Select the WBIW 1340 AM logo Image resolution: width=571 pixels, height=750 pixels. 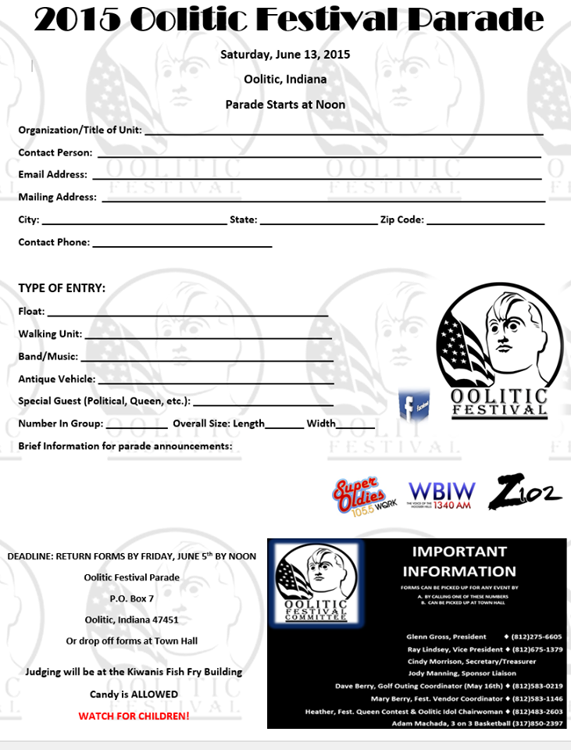pos(441,495)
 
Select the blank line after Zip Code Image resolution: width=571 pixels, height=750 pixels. pos(485,223)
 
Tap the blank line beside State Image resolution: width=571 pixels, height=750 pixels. pos(318,223)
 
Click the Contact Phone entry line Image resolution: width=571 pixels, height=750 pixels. pos(182,246)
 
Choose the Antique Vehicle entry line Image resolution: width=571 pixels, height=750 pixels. pos(216,383)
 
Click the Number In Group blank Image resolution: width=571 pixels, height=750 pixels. pos(137,427)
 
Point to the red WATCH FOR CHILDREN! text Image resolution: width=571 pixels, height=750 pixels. pos(134,715)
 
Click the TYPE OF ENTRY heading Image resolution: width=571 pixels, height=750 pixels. pos(62,288)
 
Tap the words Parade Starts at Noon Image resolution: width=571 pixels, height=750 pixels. pos(285,104)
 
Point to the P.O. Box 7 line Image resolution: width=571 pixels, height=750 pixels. pos(132,598)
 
